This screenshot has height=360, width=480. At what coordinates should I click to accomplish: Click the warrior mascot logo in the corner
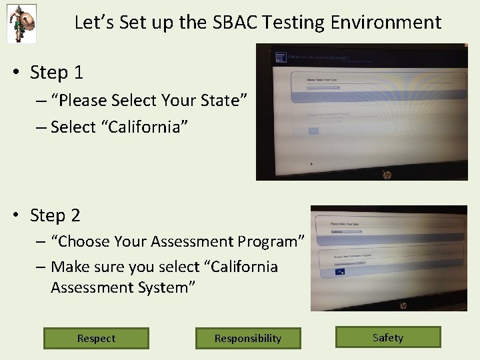[x=21, y=23]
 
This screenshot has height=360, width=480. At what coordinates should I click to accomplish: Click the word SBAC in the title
[x=234, y=23]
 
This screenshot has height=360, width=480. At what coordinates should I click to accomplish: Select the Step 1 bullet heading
[x=56, y=72]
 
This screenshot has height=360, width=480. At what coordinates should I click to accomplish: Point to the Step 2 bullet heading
[x=55, y=215]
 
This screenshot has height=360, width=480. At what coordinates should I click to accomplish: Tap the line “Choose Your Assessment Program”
[x=177, y=241]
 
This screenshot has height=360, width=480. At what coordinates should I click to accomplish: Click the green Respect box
[x=96, y=338]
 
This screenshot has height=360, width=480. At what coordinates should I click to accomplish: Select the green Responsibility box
[x=248, y=338]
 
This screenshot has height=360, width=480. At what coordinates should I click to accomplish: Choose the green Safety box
[x=388, y=337]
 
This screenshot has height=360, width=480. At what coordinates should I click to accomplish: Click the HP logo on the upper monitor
[x=387, y=175]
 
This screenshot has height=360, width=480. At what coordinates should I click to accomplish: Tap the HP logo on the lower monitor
[x=403, y=305]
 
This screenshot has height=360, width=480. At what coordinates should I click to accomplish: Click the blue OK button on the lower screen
[x=341, y=271]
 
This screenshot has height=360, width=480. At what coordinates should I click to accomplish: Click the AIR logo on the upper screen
[x=281, y=57]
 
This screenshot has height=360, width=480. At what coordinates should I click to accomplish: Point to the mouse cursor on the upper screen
[x=311, y=163]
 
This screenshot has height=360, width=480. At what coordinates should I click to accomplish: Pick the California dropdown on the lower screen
[x=347, y=232]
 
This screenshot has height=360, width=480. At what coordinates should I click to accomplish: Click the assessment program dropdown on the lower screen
[x=351, y=263]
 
